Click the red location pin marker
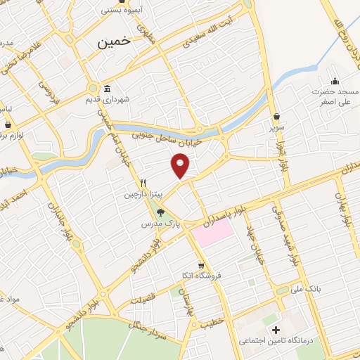click(x=181, y=167)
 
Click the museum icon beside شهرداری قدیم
click(x=107, y=89)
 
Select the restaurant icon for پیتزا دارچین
click(x=143, y=181)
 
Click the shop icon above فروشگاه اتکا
click(x=202, y=266)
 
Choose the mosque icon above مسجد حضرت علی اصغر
click(x=335, y=80)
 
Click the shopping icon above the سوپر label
click(x=276, y=117)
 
